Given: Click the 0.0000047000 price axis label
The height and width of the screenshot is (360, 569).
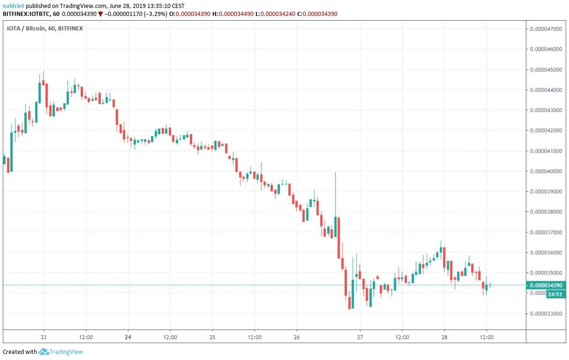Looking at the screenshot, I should [546, 29].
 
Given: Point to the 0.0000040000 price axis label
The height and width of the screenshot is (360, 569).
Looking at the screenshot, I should [546, 172].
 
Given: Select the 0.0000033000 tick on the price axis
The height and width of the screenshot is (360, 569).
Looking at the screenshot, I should [546, 314].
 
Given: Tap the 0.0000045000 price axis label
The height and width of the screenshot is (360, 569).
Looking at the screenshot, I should [546, 70].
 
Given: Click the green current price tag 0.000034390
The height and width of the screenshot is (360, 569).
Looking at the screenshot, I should [546, 285].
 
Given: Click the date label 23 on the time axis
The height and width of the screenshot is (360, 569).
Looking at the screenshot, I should [44, 337].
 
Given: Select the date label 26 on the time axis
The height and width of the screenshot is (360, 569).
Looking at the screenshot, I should [297, 337].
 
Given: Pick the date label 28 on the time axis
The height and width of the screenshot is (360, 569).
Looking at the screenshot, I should [444, 337].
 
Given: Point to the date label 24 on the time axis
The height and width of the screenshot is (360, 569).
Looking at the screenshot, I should [128, 337].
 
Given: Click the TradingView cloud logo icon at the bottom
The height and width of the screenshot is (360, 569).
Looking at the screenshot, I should [44, 352].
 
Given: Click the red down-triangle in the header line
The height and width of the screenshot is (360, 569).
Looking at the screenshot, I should [100, 14].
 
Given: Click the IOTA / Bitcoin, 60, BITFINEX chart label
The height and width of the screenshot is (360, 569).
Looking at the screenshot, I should [45, 29].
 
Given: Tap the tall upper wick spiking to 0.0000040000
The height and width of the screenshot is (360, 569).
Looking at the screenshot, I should [336, 187].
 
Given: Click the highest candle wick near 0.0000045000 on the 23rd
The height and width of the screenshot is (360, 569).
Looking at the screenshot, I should [43, 75].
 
